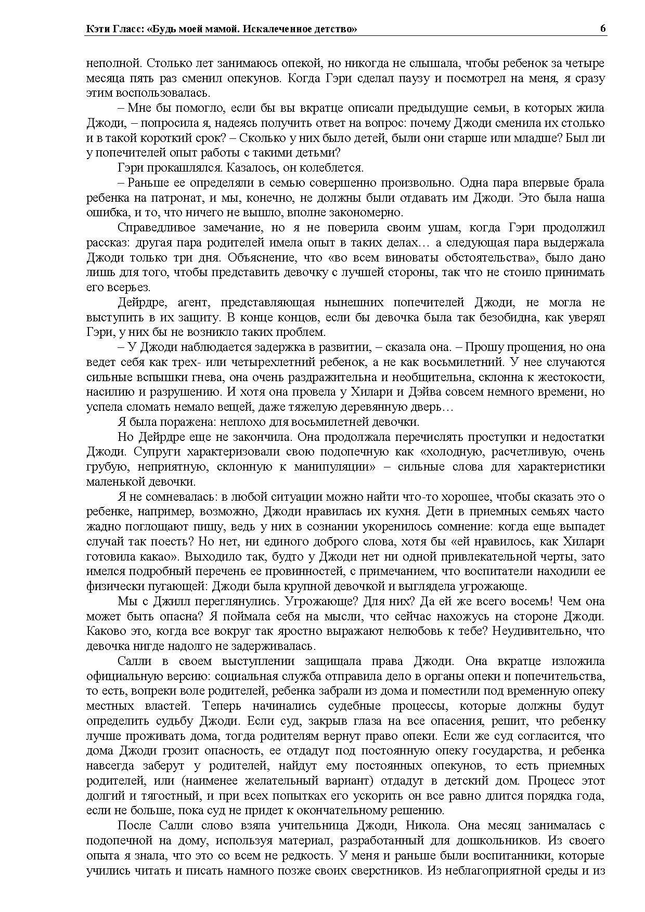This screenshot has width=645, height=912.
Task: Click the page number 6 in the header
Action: pos(602,29)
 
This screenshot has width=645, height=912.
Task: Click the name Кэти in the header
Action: pos(97,30)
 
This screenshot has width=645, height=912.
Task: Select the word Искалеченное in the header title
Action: pos(272,30)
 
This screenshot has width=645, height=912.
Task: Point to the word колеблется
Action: pos(337,168)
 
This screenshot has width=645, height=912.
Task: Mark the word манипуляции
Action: pos(336,467)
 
